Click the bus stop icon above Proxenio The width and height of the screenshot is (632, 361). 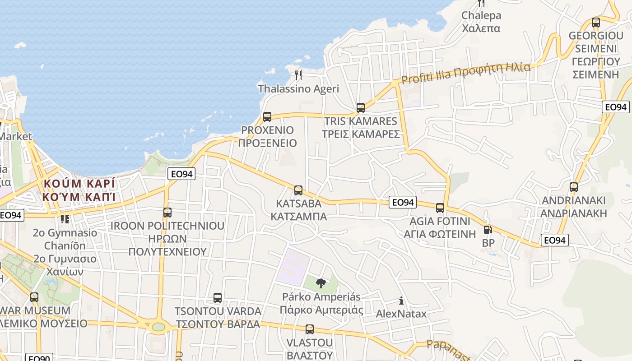267,117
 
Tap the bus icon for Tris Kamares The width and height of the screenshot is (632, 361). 360,107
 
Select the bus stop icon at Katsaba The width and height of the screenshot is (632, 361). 298,190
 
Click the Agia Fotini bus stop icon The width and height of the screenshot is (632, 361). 440,208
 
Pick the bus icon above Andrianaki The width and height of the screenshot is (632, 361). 573,187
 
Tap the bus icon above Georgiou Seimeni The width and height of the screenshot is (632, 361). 596,22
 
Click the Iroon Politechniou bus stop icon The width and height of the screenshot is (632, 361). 167,213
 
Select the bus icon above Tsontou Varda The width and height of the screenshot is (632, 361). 218,298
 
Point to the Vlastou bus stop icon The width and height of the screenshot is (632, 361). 309,329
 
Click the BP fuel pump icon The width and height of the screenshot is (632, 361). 488,230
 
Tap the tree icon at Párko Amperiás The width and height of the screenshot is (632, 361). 321,283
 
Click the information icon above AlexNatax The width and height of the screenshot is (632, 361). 401,301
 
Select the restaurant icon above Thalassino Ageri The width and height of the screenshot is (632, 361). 298,74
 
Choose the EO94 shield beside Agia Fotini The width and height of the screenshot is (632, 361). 403,202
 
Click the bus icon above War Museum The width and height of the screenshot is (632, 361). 34,297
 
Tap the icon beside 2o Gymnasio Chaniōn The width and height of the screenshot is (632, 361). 65,219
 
